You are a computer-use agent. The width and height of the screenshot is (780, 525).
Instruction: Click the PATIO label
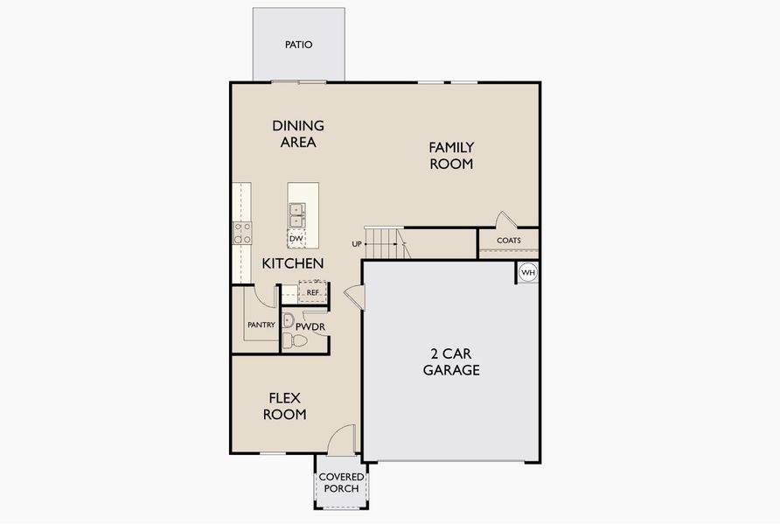[x=298, y=45]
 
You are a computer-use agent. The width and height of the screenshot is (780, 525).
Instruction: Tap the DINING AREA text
[x=298, y=134]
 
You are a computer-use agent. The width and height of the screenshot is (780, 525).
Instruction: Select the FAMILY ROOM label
[x=450, y=156]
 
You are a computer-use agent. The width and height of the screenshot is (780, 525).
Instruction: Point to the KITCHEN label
[x=294, y=263]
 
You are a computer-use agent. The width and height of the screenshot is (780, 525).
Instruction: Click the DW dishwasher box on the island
[x=296, y=238]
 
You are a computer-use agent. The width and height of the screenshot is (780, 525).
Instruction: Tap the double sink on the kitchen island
[x=296, y=214]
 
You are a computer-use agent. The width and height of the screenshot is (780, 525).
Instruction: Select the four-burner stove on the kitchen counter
[x=241, y=233]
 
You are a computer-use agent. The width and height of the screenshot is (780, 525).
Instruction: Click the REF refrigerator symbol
[x=312, y=292]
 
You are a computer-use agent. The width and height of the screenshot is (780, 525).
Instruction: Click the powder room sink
[x=288, y=320]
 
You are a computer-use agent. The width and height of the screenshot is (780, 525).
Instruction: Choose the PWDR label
[x=310, y=326]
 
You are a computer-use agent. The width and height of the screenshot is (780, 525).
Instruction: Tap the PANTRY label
[x=261, y=325]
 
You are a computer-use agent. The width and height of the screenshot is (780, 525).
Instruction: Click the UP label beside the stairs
[x=357, y=244]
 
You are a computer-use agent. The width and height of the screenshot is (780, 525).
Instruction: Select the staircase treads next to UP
[x=385, y=242]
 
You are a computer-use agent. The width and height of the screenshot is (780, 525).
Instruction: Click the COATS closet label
[x=508, y=241]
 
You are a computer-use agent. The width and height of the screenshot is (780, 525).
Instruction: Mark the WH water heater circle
[x=527, y=273]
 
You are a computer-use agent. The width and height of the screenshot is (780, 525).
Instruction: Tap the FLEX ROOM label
[x=286, y=406]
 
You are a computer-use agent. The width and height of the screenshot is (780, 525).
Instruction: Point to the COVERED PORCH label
[x=341, y=482]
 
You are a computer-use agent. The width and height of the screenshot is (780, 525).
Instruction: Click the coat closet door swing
[x=505, y=220]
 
